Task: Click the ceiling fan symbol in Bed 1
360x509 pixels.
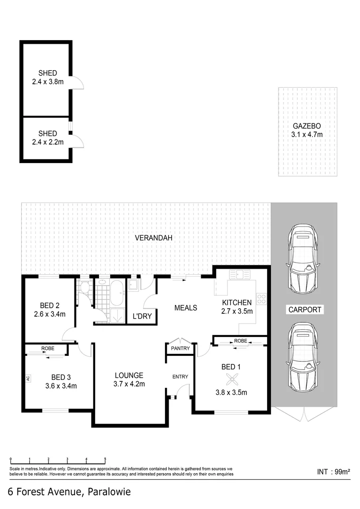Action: pos(231,379)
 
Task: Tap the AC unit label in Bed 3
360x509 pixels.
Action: pos(28,378)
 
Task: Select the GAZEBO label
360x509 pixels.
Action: pos(307,126)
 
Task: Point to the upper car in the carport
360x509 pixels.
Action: pos(303,258)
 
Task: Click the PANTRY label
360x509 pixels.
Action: pos(180,349)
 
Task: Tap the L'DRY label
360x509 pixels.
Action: pos(142,316)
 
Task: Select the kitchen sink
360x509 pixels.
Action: pos(239,275)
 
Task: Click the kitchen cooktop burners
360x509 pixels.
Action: pos(261,298)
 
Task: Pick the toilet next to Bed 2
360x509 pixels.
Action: pos(85,287)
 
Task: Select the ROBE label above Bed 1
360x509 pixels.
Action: pos(240,340)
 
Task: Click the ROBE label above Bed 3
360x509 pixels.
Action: pos(48,349)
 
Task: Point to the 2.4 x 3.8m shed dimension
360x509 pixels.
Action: pos(48,82)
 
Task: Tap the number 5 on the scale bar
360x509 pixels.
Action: pos(105,459)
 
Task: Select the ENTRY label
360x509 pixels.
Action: pos(180,377)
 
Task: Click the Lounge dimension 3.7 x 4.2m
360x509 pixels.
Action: pos(129,384)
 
